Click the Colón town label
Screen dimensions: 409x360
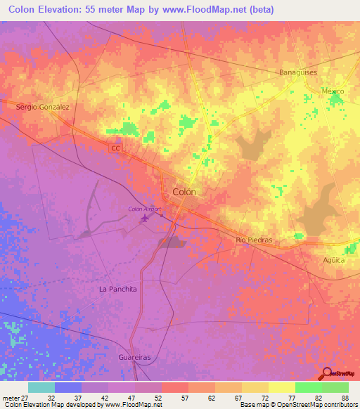point(184,191)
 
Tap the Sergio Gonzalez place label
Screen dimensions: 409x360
point(43,107)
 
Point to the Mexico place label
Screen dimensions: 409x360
point(333,91)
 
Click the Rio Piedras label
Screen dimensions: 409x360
point(254,240)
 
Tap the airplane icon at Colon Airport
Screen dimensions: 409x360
point(146,219)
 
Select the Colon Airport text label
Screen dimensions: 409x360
point(145,209)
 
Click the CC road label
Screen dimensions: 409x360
point(115,148)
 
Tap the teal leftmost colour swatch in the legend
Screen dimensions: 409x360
point(41,387)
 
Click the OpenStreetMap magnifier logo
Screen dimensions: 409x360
point(326,374)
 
